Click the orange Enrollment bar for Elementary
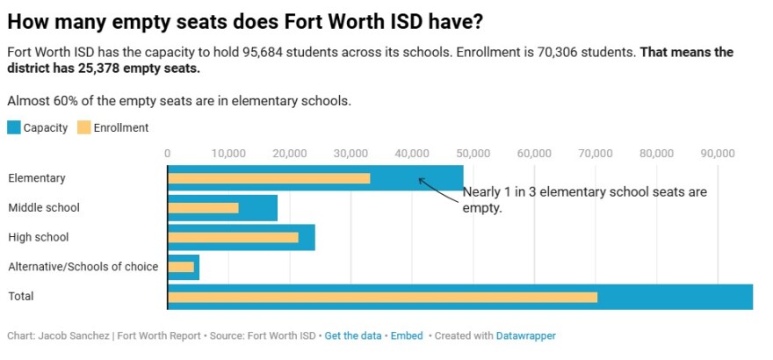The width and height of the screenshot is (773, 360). (269, 178)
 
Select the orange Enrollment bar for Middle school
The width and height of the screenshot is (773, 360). (203, 208)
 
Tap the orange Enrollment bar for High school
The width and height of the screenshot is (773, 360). (233, 237)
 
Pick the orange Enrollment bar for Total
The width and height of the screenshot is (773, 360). (382, 297)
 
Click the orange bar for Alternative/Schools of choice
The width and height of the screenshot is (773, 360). (181, 267)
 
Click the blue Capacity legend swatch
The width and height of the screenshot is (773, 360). (13, 127)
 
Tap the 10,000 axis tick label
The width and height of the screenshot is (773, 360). (228, 153)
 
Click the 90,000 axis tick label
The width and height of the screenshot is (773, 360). (717, 153)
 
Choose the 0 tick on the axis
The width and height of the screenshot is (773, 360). (168, 153)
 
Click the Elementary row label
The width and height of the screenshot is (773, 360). (37, 178)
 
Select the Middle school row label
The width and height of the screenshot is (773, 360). (44, 208)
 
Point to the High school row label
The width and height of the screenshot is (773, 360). (39, 237)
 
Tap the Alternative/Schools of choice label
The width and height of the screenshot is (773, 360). (83, 267)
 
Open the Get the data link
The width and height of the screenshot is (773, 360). (353, 335)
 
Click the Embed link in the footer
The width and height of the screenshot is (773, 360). (406, 335)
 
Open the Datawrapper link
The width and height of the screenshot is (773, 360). (525, 335)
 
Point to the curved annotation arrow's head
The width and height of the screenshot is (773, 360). (420, 179)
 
